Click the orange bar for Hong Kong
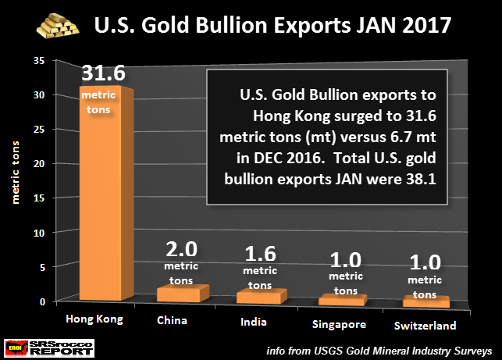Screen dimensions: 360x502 105,195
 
